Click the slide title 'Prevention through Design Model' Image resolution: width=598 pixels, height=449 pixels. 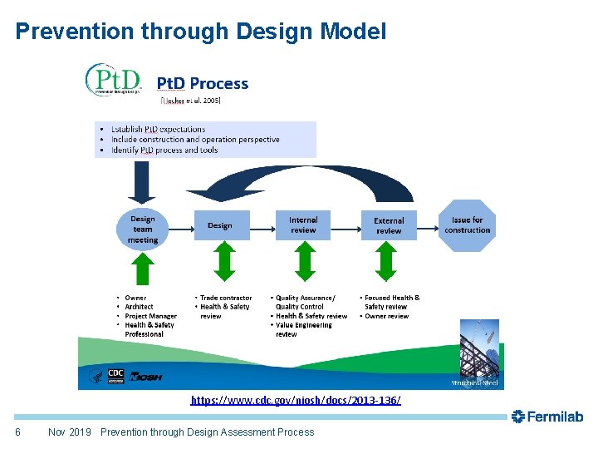[201, 32]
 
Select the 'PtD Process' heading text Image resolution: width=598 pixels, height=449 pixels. [203, 83]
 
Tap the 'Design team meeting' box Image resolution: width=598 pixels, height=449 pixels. [143, 229]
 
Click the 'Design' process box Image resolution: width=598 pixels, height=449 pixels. [220, 225]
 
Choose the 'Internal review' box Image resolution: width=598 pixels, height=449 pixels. [303, 225]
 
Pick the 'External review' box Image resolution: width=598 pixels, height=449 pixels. [389, 225]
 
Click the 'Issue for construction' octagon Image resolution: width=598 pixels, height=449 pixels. [468, 225]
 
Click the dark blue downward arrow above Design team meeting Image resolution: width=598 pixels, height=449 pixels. [142, 181]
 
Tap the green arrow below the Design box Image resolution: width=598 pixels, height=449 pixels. [220, 265]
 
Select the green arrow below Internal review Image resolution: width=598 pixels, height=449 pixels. [303, 265]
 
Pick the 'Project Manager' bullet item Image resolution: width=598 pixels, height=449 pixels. [150, 316]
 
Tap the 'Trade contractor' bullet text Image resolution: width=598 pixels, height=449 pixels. [225, 298]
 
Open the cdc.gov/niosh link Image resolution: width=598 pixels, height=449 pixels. [296, 401]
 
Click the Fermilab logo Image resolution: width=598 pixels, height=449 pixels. [547, 417]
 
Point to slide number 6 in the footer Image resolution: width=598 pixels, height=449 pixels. [18, 432]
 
